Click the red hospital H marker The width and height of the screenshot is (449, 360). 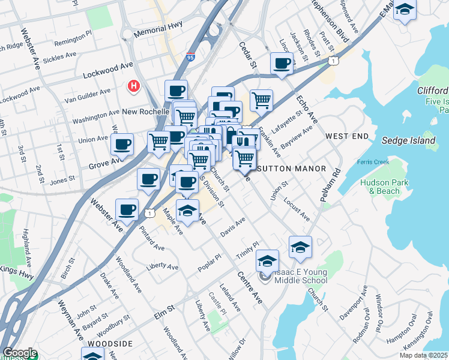134,86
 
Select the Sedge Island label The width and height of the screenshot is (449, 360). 408,140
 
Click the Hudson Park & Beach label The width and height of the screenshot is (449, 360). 384,187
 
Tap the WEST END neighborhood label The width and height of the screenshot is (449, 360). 346,137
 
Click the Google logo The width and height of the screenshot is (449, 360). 19,353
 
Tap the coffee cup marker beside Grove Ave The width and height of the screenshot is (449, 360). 122,145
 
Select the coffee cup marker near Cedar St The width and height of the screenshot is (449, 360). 282,64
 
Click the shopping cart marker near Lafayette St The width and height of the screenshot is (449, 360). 261,100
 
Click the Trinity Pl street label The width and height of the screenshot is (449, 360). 247,248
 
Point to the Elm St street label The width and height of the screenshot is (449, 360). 163,308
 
